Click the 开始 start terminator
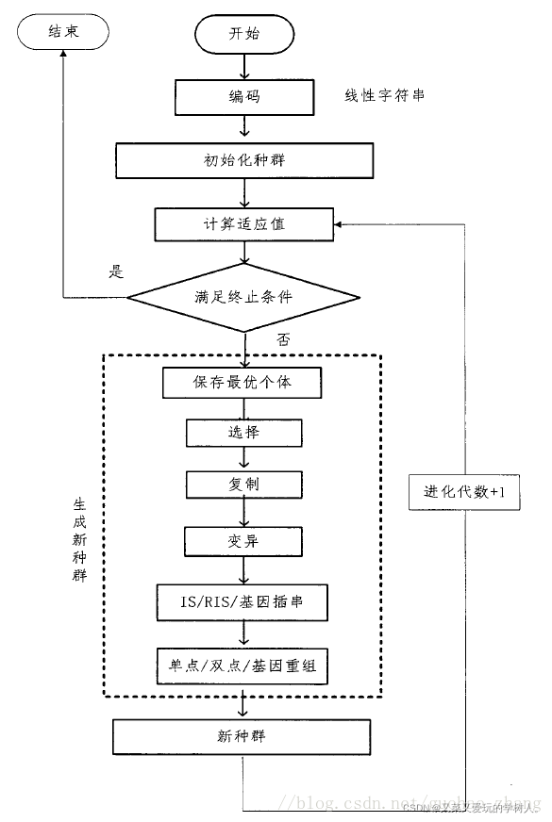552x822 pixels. click(244, 35)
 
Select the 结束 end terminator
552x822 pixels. click(63, 32)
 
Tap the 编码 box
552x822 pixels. click(244, 96)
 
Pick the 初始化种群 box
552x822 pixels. click(244, 159)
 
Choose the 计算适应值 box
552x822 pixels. click(244, 223)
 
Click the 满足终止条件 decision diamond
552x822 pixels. click(244, 297)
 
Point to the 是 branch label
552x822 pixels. click(117, 273)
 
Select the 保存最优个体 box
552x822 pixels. click(244, 383)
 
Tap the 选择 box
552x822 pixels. click(244, 433)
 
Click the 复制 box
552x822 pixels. click(244, 485)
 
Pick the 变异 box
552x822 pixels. click(244, 541)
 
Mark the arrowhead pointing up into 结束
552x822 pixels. click(63, 56)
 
